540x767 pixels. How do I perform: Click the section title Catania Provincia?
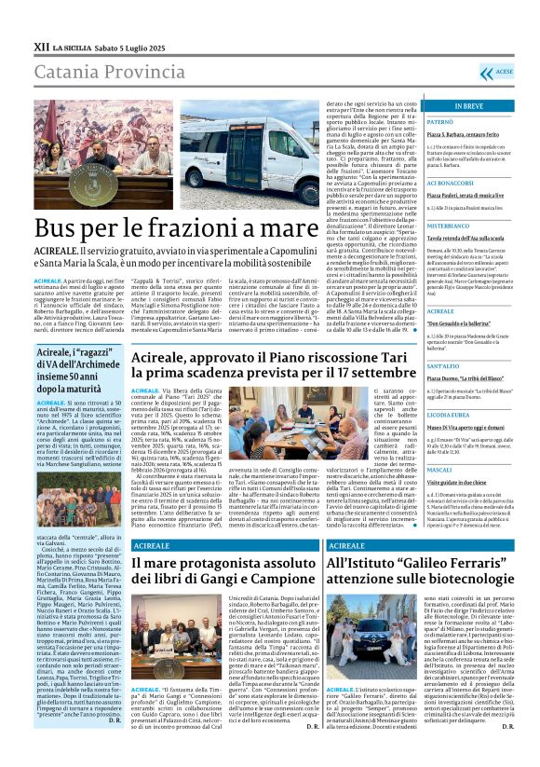coord(99,73)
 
